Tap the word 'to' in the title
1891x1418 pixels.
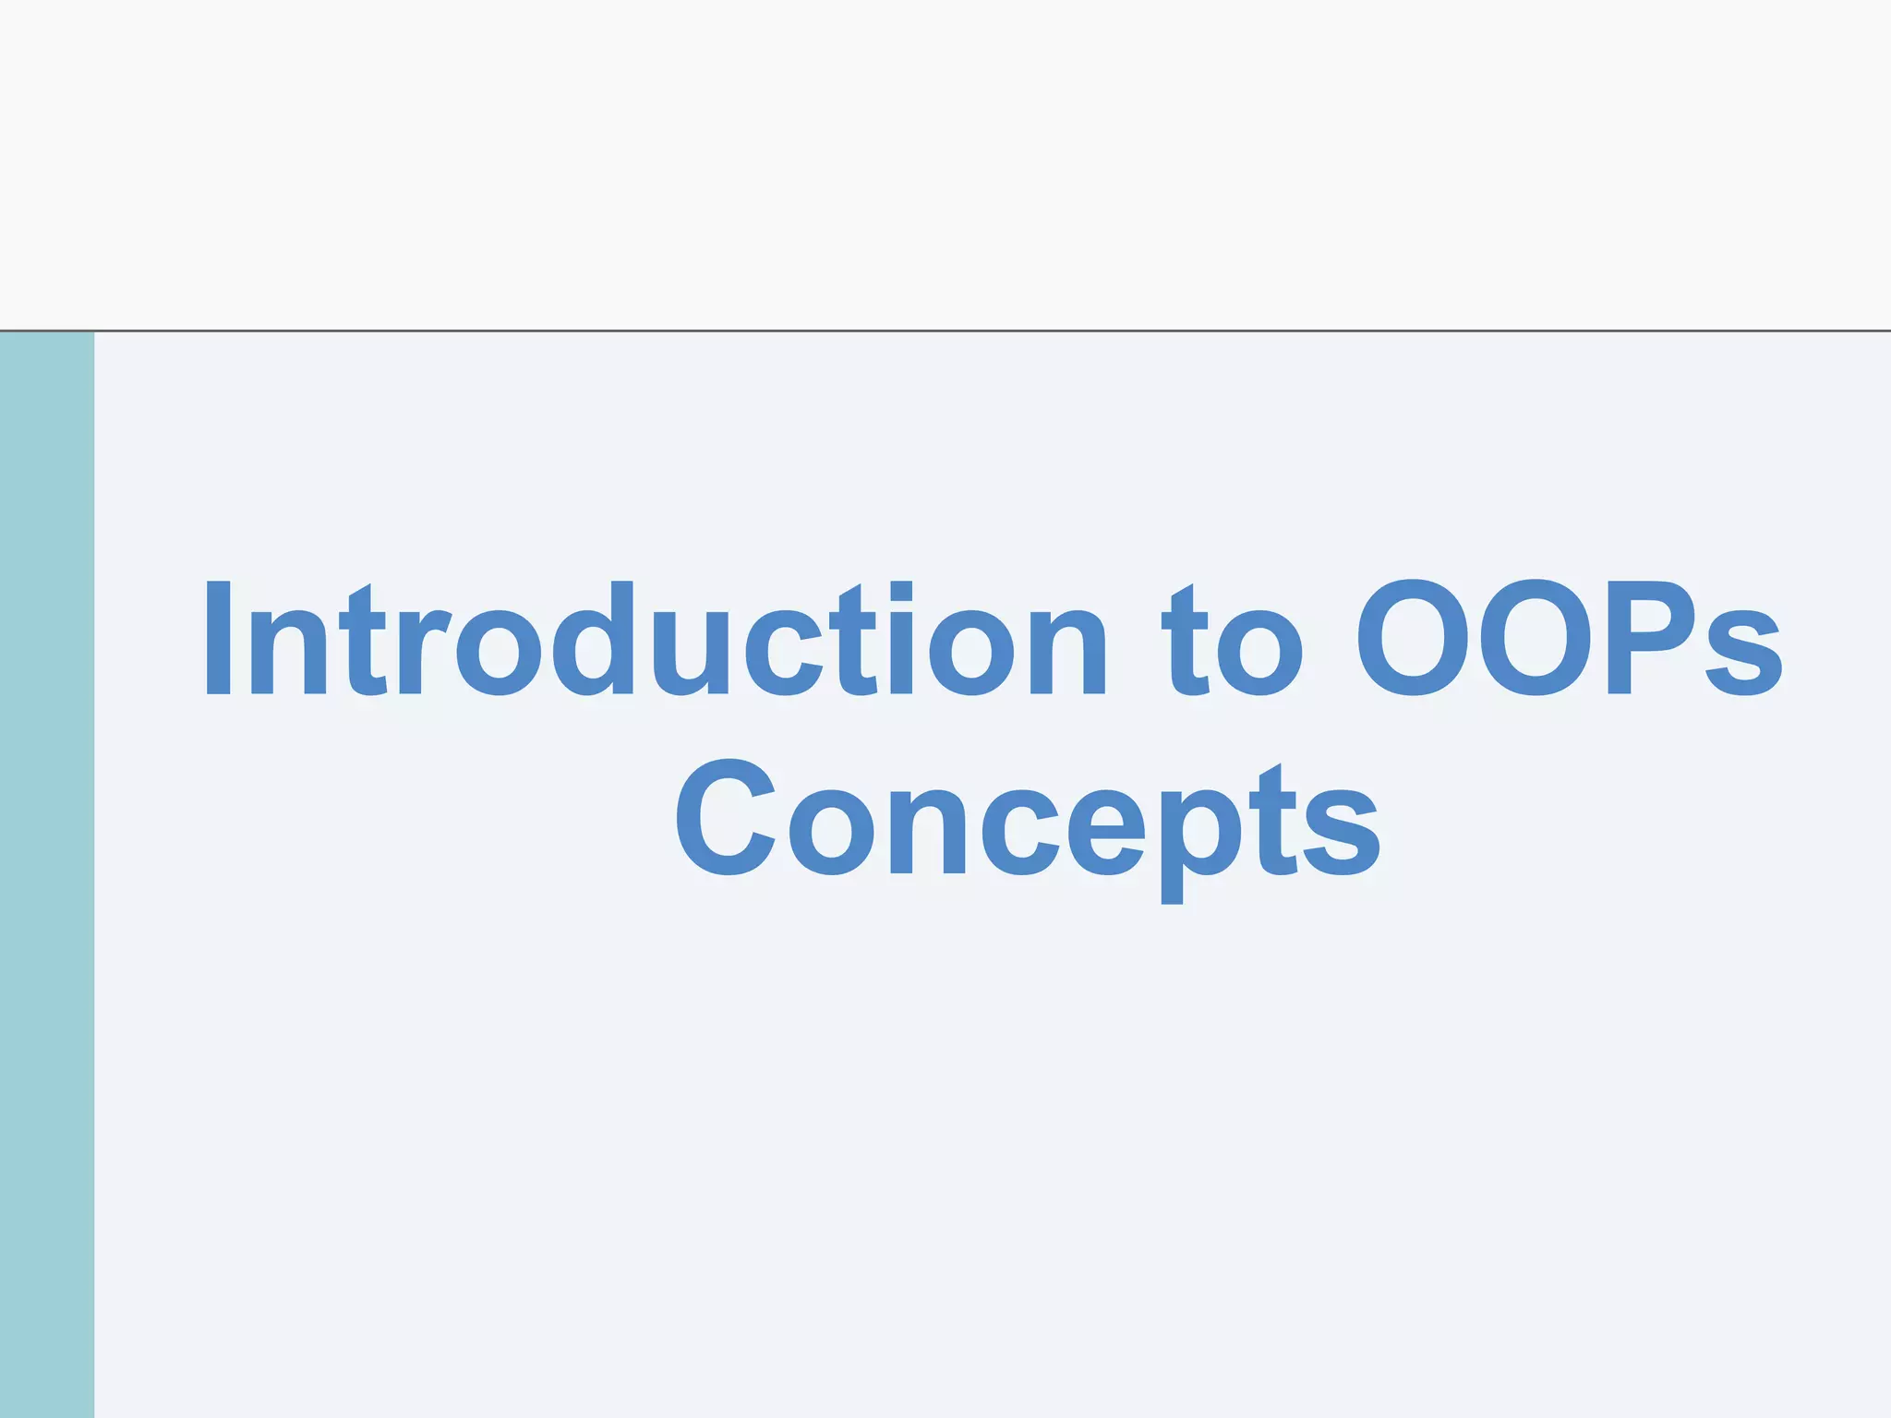point(1232,642)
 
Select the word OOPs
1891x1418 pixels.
point(1569,639)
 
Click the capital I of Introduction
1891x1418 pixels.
point(218,639)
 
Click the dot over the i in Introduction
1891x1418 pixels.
point(900,590)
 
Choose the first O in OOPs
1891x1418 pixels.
point(1413,639)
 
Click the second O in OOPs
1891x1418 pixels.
point(1535,639)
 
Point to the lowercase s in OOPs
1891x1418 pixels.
point(1743,652)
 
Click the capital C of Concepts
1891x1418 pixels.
point(726,818)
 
